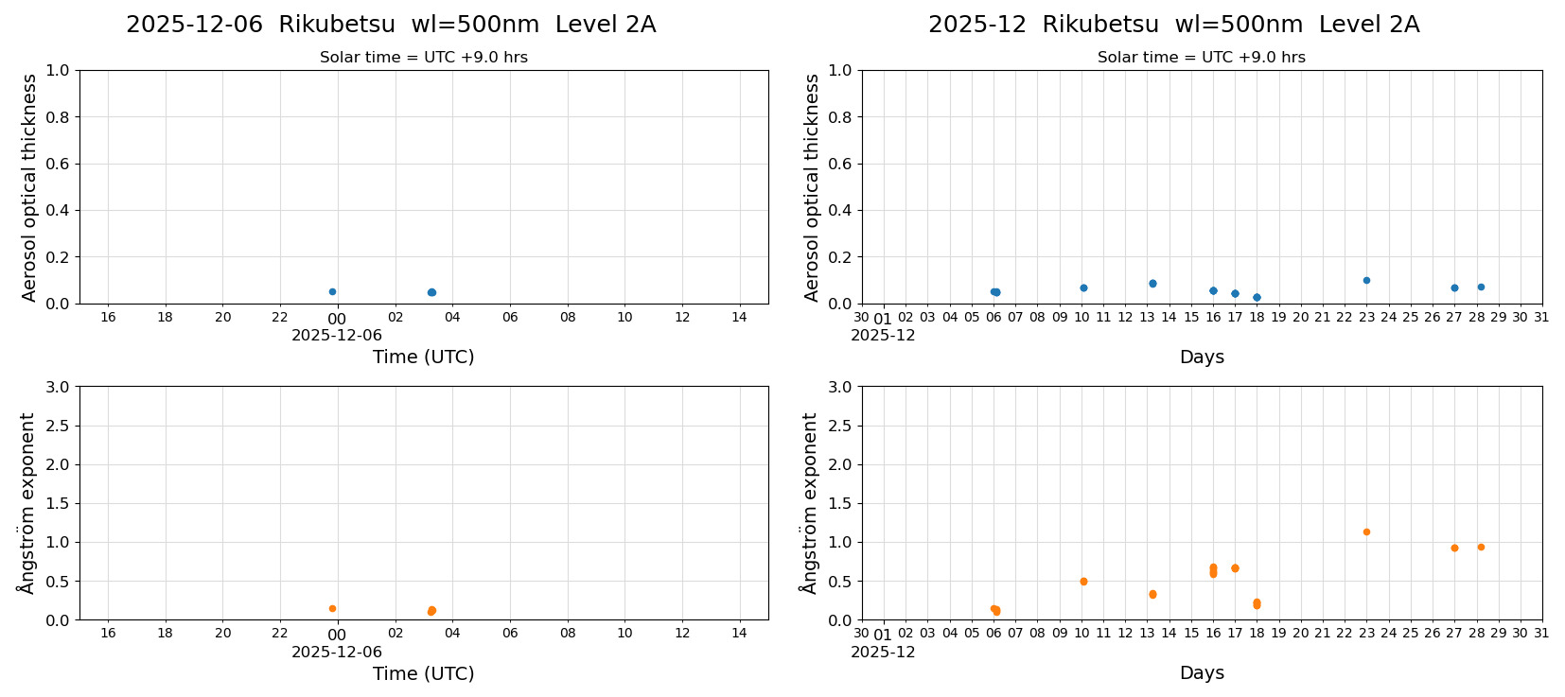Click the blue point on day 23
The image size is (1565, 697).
coord(1366,280)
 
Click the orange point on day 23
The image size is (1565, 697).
coord(1366,531)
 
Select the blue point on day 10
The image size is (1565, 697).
coord(1083,288)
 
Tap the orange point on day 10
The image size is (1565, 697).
coord(1083,582)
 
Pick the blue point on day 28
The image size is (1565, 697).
coord(1481,287)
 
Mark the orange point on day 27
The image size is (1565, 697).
coord(1454,548)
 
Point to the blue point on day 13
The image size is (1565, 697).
coord(1152,283)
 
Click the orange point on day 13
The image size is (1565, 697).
coord(1152,594)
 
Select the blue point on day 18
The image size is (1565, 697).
coord(1257,297)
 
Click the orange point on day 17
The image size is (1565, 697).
coord(1235,568)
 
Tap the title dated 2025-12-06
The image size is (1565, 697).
coord(391,26)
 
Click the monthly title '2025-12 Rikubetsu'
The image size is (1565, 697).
coord(1173,26)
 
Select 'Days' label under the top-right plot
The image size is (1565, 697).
coord(1202,357)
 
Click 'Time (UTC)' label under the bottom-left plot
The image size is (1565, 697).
coord(423,673)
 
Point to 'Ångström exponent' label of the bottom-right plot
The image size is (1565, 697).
coord(809,503)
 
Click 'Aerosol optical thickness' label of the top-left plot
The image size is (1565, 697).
coord(29,187)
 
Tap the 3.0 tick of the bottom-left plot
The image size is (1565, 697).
coord(58,387)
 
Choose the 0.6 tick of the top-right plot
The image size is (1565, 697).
coord(840,164)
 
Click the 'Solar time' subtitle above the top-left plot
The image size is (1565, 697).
coord(423,58)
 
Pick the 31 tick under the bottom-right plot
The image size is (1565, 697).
coord(1541,634)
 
